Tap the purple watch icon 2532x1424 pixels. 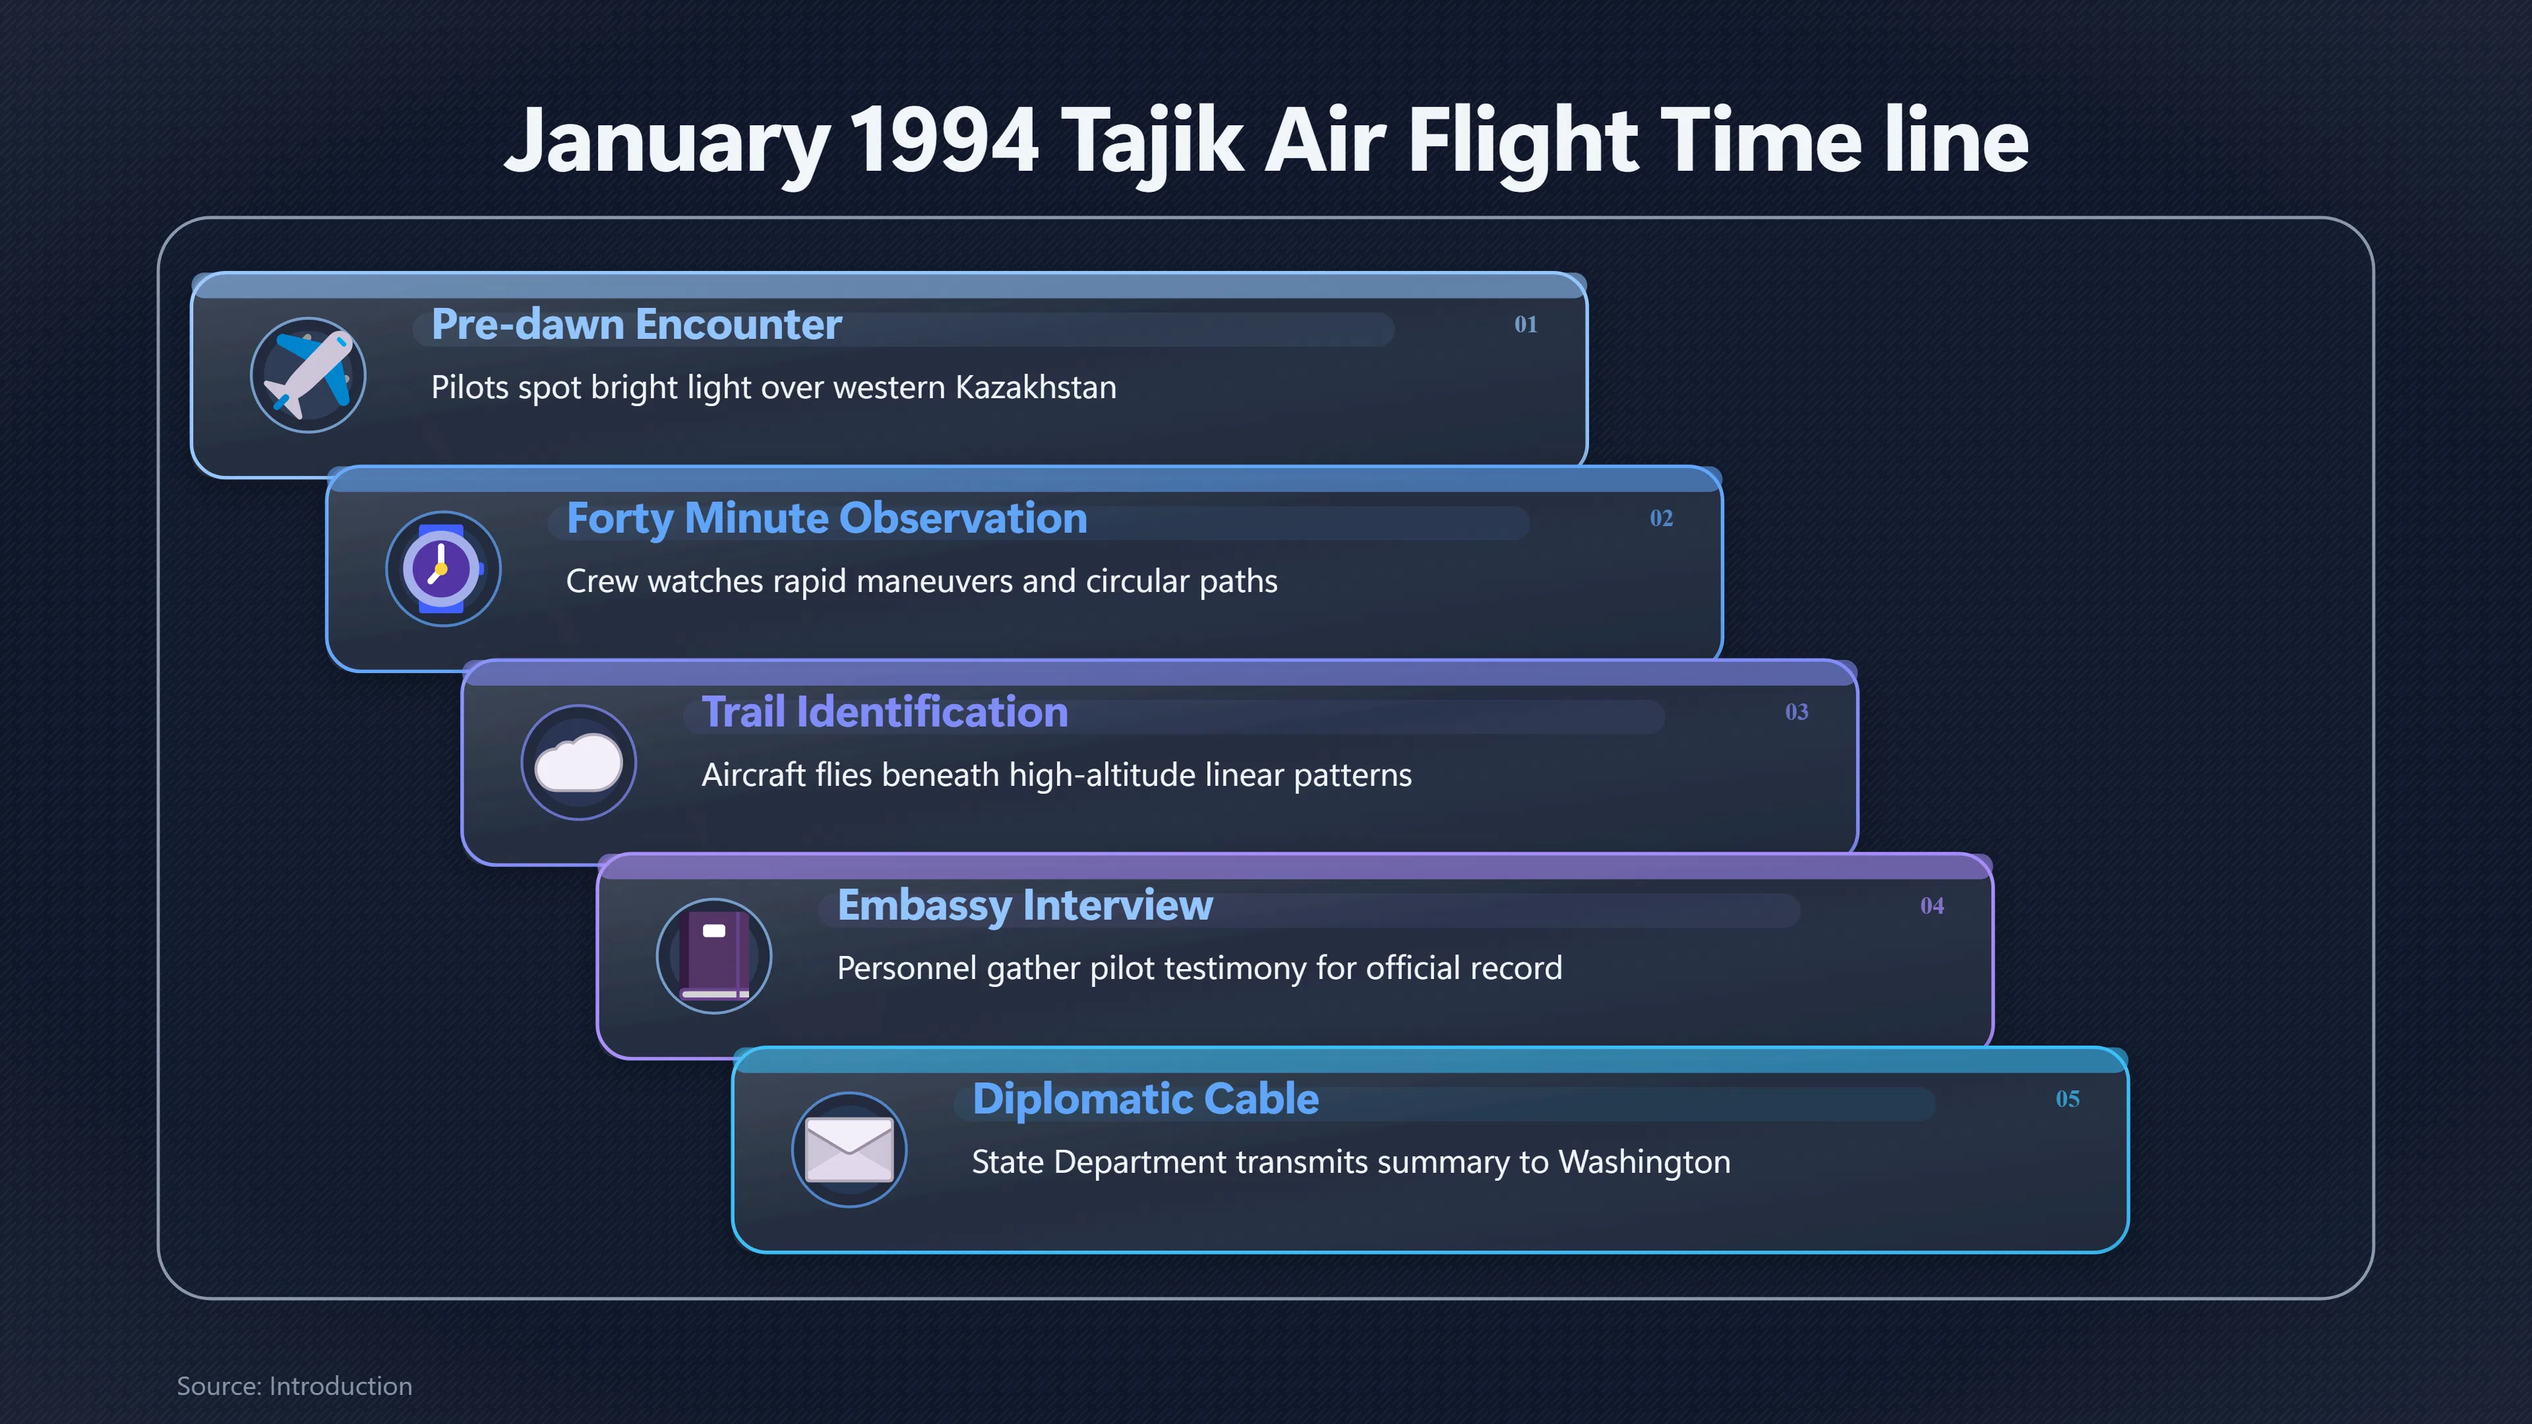pyautogui.click(x=442, y=568)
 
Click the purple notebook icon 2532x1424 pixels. pyautogui.click(x=715, y=955)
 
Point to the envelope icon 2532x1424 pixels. pyautogui.click(x=849, y=1150)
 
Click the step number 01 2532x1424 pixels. pyautogui.click(x=1526, y=324)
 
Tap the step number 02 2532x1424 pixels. pyautogui.click(x=1661, y=518)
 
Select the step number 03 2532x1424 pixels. pyautogui.click(x=1797, y=711)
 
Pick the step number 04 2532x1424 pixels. pyautogui.click(x=1933, y=905)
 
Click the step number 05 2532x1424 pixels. pyautogui.click(x=2068, y=1099)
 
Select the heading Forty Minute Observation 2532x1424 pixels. pyautogui.click(x=827, y=518)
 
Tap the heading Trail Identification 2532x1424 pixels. pyautogui.click(x=885, y=711)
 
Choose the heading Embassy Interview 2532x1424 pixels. pyautogui.click(x=1025, y=905)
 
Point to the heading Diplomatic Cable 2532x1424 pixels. pyautogui.click(x=1145, y=1099)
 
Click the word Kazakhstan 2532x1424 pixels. pyautogui.click(x=1036, y=387)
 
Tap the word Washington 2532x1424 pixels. pyautogui.click(x=1644, y=1162)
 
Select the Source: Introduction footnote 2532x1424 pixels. pyautogui.click(x=295, y=1386)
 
